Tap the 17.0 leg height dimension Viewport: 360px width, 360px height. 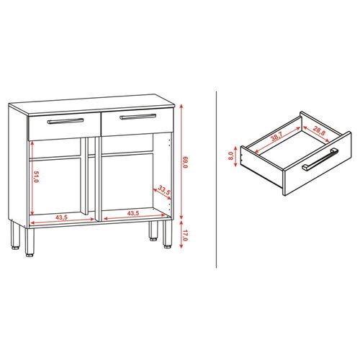185,234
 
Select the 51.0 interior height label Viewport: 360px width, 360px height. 35,176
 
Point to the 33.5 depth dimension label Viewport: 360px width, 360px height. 163,192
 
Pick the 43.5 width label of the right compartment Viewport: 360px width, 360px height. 133,214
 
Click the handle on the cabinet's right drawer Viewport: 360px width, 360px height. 138,115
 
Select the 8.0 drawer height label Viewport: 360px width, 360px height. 230,156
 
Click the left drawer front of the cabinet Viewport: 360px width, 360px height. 63,127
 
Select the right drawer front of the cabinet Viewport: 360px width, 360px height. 137,122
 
